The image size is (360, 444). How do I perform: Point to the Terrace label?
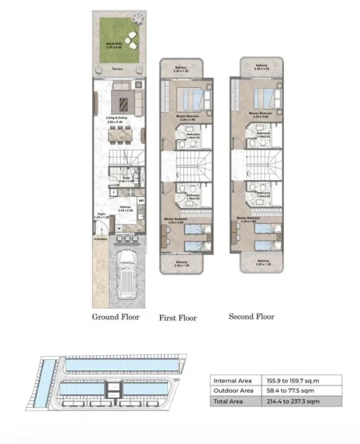(x=118, y=70)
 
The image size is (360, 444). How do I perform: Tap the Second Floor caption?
(x=251, y=317)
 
